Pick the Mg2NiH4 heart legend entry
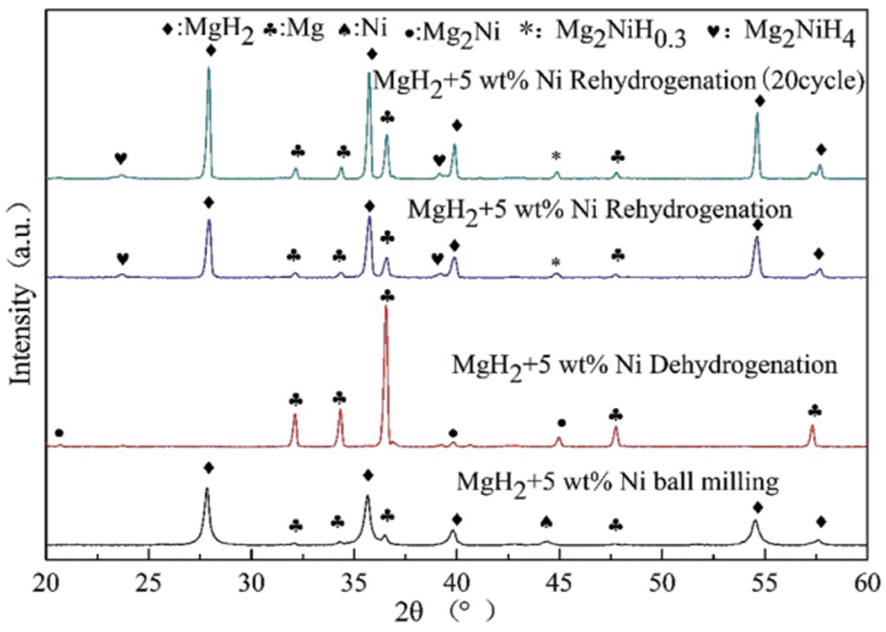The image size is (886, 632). [x=786, y=34]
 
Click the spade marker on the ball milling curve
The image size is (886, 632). [x=546, y=523]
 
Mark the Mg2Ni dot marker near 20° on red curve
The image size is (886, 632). [x=59, y=433]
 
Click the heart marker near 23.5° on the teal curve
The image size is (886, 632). [x=121, y=158]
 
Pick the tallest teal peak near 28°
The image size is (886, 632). [x=209, y=68]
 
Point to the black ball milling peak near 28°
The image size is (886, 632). [x=207, y=489]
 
